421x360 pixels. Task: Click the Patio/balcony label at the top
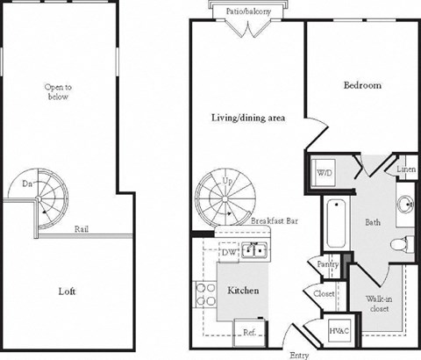coord(249,8)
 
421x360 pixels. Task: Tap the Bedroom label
coord(361,85)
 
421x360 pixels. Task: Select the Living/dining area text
coord(246,116)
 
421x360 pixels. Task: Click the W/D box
coord(325,172)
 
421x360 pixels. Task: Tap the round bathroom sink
coord(405,205)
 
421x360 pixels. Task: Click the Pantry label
coord(328,263)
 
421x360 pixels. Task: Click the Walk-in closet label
coord(380,304)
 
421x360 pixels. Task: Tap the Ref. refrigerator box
coord(249,333)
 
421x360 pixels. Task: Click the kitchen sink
coord(255,252)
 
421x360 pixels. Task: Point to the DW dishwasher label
coord(230,252)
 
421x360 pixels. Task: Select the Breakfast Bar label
coord(274,221)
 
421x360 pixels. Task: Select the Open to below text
coord(59,91)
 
